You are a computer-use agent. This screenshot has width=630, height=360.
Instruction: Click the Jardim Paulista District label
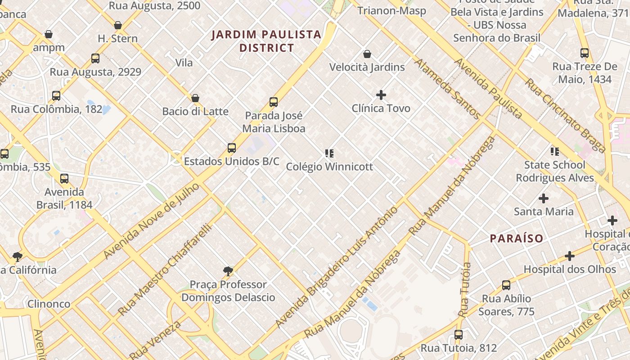pos(266,41)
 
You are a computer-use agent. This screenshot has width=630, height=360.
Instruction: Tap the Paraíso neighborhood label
pos(517,238)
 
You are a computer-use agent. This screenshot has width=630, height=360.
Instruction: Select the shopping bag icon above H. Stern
pos(118,25)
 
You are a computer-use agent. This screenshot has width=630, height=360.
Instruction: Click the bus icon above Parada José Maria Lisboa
pos(274,102)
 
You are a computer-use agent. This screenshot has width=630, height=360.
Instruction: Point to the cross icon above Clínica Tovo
pos(381,95)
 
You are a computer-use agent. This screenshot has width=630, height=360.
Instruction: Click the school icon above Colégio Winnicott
pos(329,153)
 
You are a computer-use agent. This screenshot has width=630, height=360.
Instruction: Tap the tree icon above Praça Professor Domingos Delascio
pos(228,271)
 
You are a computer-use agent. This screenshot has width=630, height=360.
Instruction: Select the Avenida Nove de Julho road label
pos(151,220)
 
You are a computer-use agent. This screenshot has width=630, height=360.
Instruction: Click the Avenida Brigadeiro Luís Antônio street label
pos(337,267)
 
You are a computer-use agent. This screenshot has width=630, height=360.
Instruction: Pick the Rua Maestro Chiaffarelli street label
pos(165,269)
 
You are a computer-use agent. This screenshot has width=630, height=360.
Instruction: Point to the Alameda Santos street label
pos(447,89)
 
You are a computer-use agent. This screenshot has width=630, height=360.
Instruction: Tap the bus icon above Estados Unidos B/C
pos(232,148)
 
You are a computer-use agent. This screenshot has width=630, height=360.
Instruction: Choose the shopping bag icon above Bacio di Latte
pos(195,98)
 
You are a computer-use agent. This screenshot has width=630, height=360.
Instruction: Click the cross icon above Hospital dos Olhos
pos(570,256)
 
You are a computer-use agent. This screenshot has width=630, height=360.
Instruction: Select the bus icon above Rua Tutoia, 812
pos(459,335)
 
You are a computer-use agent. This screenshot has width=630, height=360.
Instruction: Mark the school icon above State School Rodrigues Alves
pos(555,152)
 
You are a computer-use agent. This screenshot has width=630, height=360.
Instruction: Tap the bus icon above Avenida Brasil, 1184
pos(64,179)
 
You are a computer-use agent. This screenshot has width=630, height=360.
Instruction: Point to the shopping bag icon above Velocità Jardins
pos(367,54)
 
